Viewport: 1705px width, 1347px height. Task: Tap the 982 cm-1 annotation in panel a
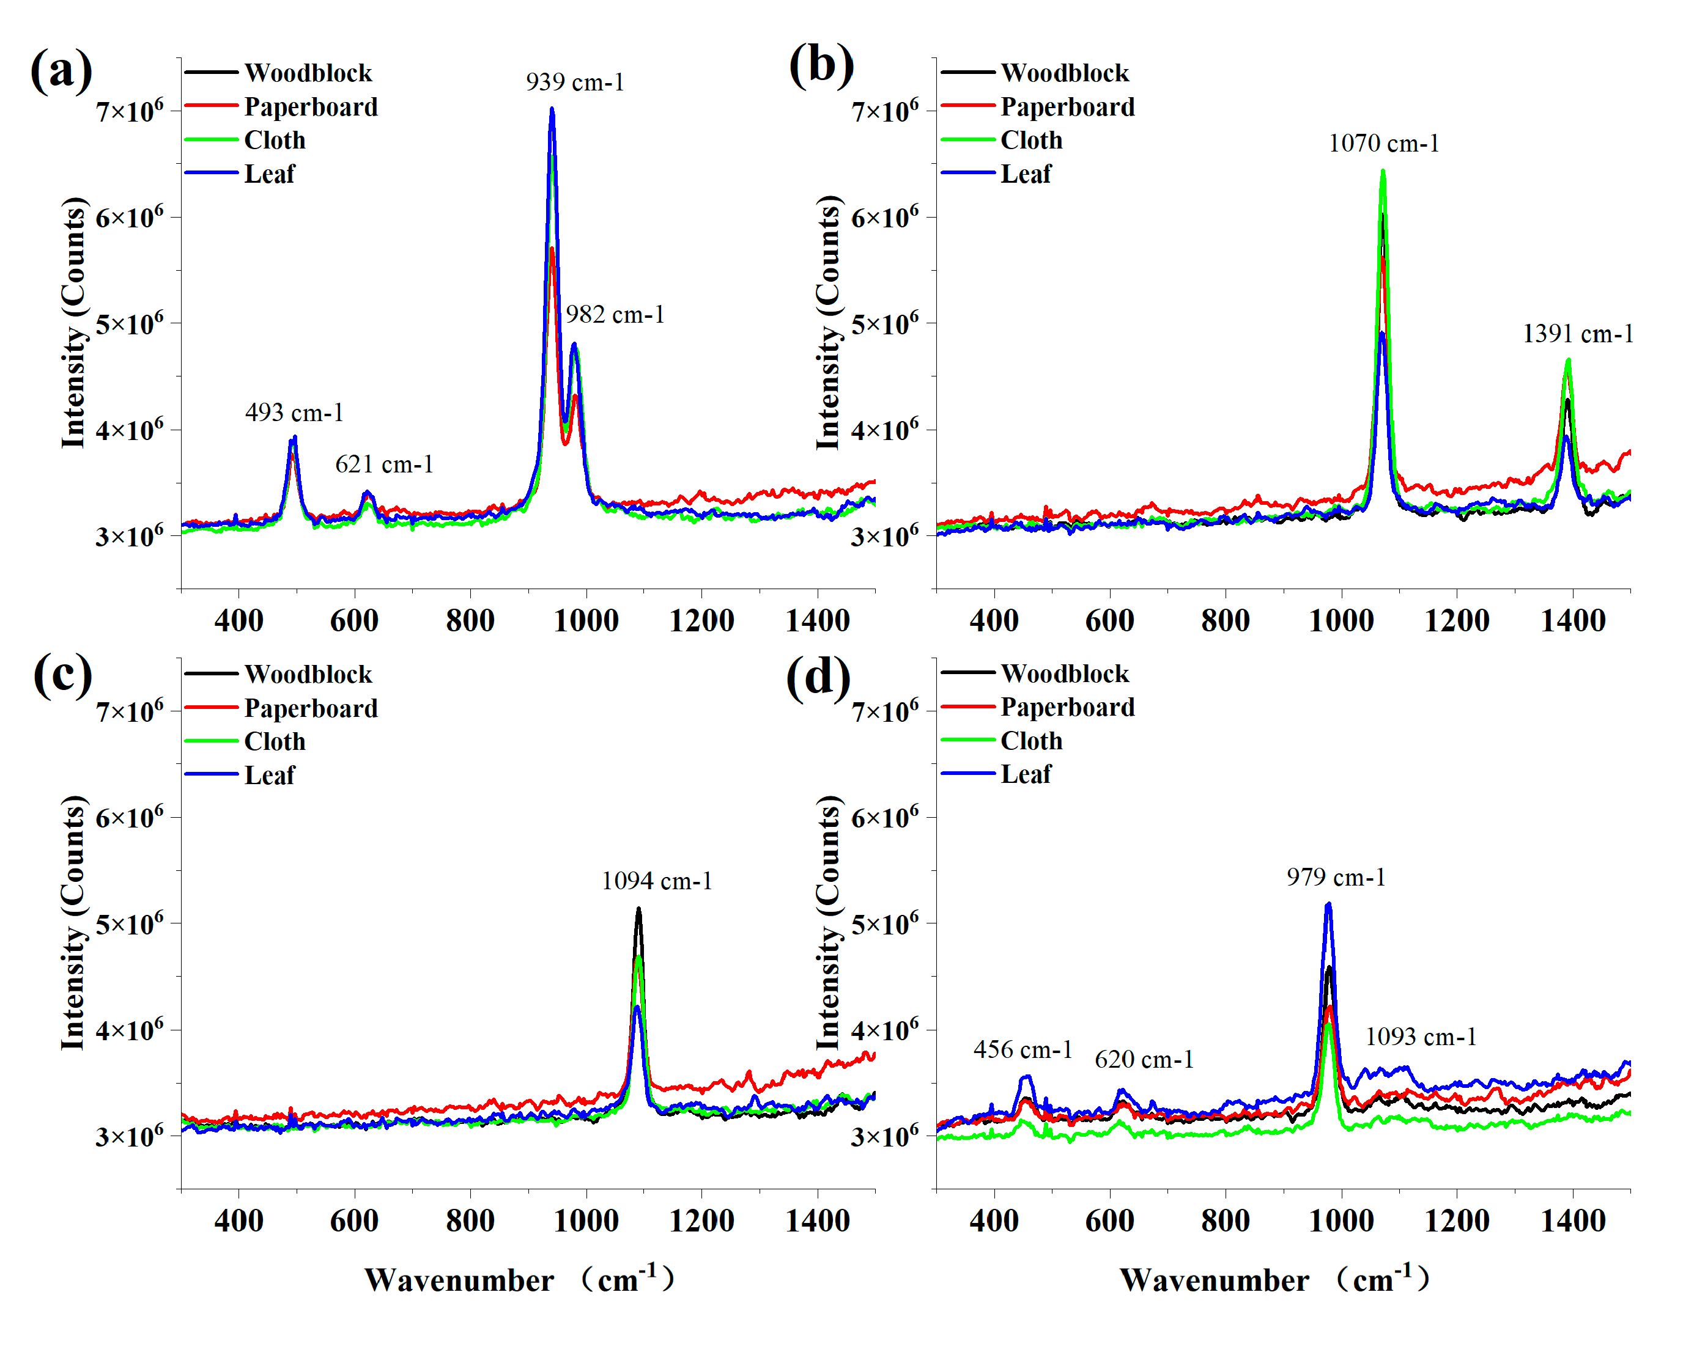[615, 315]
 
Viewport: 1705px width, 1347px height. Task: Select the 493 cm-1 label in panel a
[294, 413]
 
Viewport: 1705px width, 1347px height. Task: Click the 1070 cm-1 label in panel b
[1383, 144]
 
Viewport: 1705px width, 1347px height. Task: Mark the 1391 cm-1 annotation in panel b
[1577, 334]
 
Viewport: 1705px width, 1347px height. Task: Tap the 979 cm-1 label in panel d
[1336, 877]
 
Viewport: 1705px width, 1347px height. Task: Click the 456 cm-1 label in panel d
[1023, 1050]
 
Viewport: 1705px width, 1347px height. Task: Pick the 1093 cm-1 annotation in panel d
[1420, 1037]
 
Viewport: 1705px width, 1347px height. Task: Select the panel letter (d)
[818, 677]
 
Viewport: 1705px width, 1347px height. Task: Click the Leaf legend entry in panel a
[269, 174]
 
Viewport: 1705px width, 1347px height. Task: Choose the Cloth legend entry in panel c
[274, 741]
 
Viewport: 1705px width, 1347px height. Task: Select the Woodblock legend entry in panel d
[1064, 673]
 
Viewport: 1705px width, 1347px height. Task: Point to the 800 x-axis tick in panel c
[470, 1221]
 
